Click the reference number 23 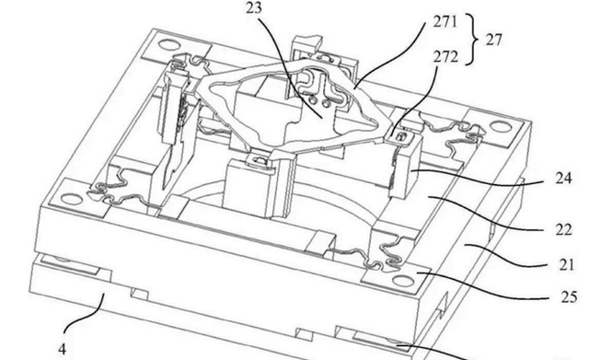(254, 7)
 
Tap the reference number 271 (445, 22)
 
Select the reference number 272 (445, 57)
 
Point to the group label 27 (493, 40)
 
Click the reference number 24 (563, 178)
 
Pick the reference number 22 (563, 229)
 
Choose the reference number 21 (567, 265)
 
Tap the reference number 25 (569, 297)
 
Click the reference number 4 (63, 350)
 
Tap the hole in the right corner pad (501, 127)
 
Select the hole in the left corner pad (72, 199)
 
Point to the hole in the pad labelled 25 (402, 281)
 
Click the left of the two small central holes (312, 100)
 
